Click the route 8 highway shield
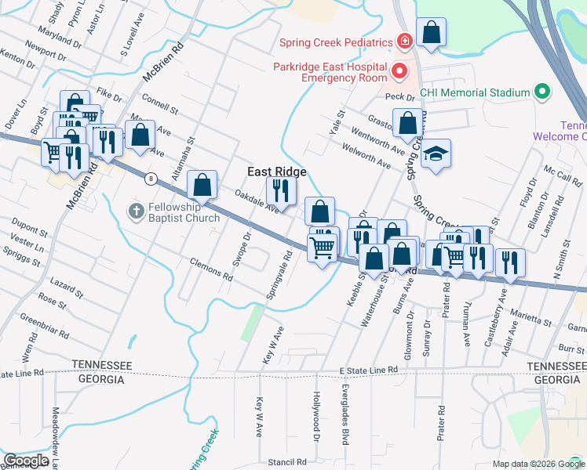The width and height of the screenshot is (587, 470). (x=149, y=179)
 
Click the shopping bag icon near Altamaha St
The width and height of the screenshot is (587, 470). (x=202, y=186)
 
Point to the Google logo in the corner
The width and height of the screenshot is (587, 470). (x=26, y=461)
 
